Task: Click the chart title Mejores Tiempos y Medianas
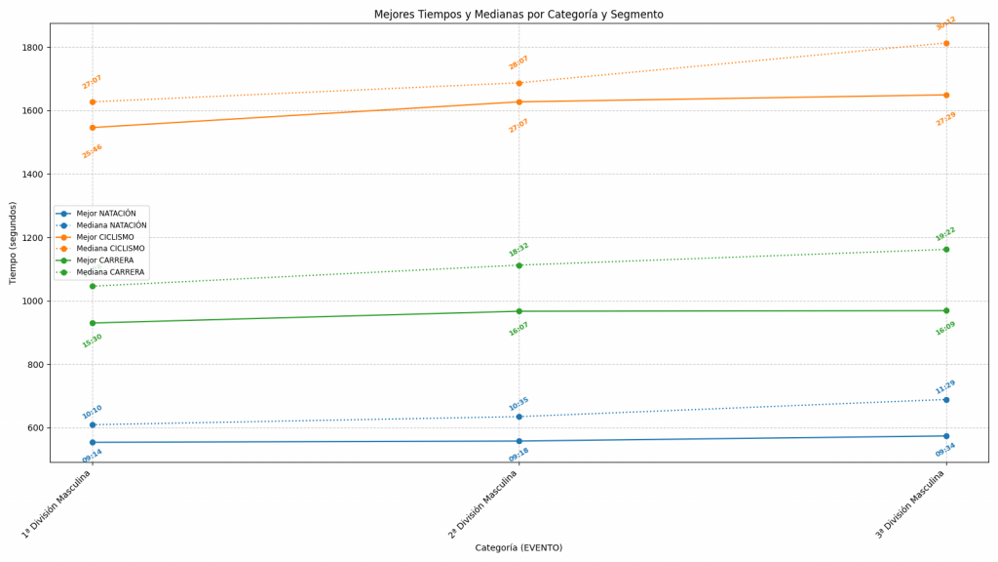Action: (518, 15)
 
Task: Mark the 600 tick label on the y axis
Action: (34, 428)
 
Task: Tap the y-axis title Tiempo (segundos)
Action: (14, 243)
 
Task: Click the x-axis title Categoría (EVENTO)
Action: (518, 548)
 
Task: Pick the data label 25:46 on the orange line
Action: (93, 151)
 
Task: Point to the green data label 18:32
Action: (518, 250)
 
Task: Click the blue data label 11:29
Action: (945, 387)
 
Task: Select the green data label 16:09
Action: (945, 329)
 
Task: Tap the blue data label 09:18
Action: (518, 455)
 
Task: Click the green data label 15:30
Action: (93, 341)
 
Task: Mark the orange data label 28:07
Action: (518, 62)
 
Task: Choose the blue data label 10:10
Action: (93, 412)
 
